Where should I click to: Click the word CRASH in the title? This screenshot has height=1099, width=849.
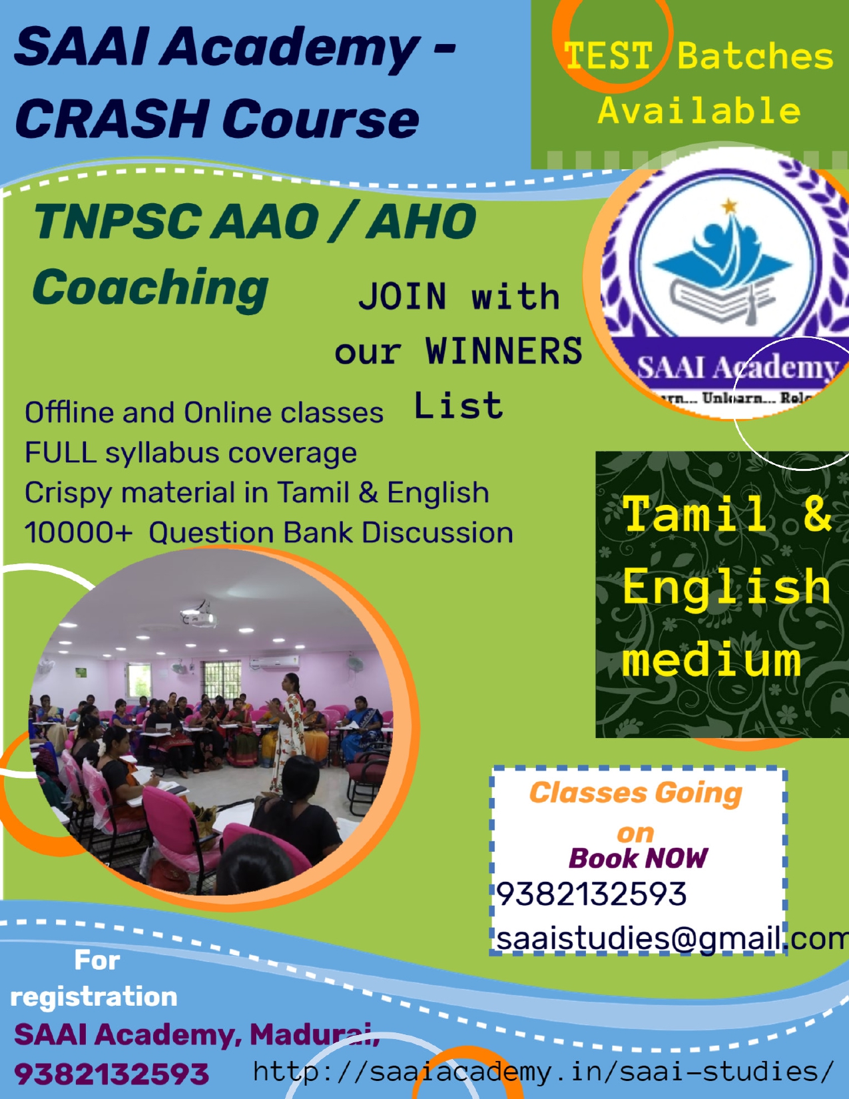point(112,118)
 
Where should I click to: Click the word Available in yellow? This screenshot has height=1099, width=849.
point(699,111)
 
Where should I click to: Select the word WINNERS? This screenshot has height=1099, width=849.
point(503,350)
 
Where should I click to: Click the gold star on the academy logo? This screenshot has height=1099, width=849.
point(728,206)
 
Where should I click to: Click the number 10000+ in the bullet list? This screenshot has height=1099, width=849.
point(79,533)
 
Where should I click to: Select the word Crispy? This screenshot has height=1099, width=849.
point(68,494)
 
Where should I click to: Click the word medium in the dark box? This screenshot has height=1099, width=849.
point(711,659)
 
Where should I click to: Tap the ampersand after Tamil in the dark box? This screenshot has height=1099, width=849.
point(817,513)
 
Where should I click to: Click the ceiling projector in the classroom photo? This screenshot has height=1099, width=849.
point(198,615)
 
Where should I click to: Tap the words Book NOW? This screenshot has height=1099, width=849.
point(638,859)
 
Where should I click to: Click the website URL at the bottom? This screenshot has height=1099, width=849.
point(543,1071)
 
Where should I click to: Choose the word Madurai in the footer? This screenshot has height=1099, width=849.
point(314,1035)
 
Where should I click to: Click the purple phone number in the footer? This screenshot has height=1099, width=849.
point(111,1074)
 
